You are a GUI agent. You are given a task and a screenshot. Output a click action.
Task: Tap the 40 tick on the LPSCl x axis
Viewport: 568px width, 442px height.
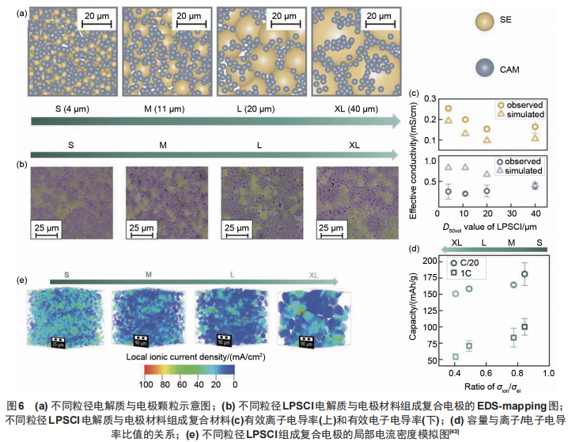pyautogui.click(x=536, y=214)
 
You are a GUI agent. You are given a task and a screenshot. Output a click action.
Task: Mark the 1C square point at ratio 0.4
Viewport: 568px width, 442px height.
pyautogui.click(x=455, y=356)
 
